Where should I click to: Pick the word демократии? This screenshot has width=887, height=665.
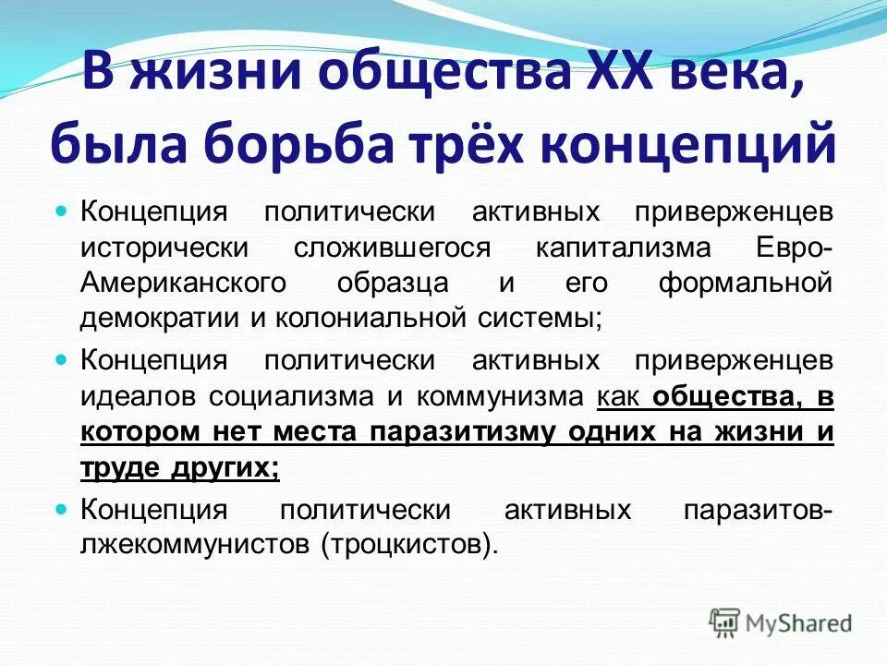tap(159, 318)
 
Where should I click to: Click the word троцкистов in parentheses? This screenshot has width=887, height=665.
tap(404, 545)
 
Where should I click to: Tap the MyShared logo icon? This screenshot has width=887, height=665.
tap(723, 621)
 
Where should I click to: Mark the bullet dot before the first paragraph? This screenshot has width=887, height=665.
tap(63, 212)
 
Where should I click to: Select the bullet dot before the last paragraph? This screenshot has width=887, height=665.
tap(63, 509)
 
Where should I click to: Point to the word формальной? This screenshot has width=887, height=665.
tap(746, 283)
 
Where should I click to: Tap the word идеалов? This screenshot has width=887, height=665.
tap(139, 397)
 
